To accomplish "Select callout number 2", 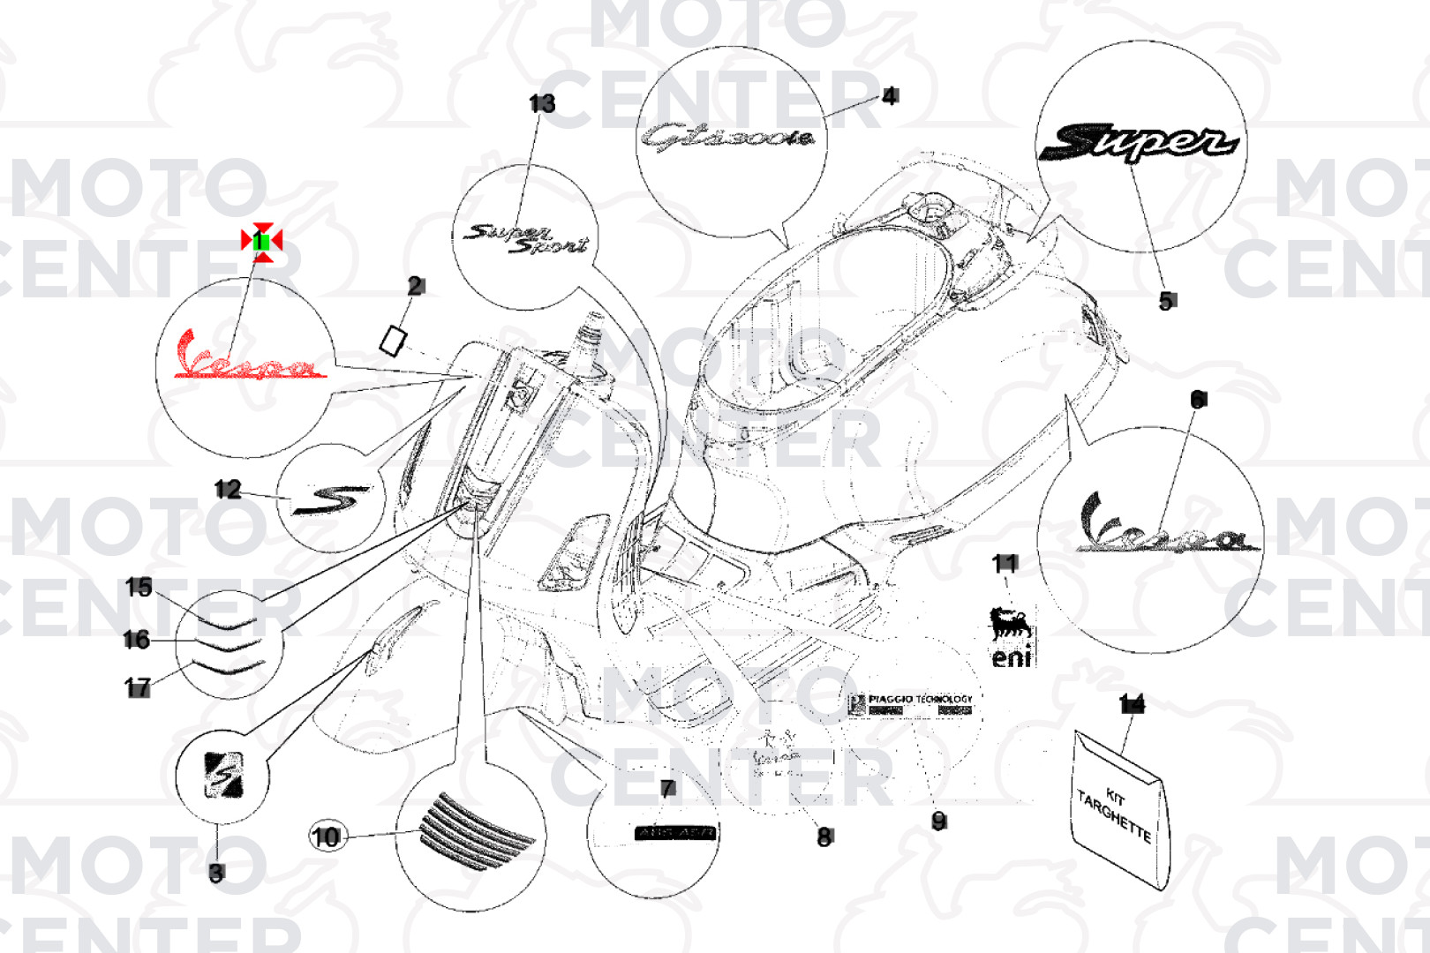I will (x=416, y=286).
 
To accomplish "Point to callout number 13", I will (x=542, y=104).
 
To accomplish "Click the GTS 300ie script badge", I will (x=726, y=138).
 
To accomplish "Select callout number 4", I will (x=890, y=95).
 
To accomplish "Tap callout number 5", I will (x=1166, y=301).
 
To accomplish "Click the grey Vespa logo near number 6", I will (x=1163, y=528).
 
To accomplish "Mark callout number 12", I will (x=227, y=489).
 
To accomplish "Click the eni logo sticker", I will (x=1010, y=637).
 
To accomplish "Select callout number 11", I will (x=1005, y=563).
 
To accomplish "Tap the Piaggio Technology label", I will (x=911, y=703).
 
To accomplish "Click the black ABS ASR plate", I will (x=675, y=832).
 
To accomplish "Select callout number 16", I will (x=136, y=639).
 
